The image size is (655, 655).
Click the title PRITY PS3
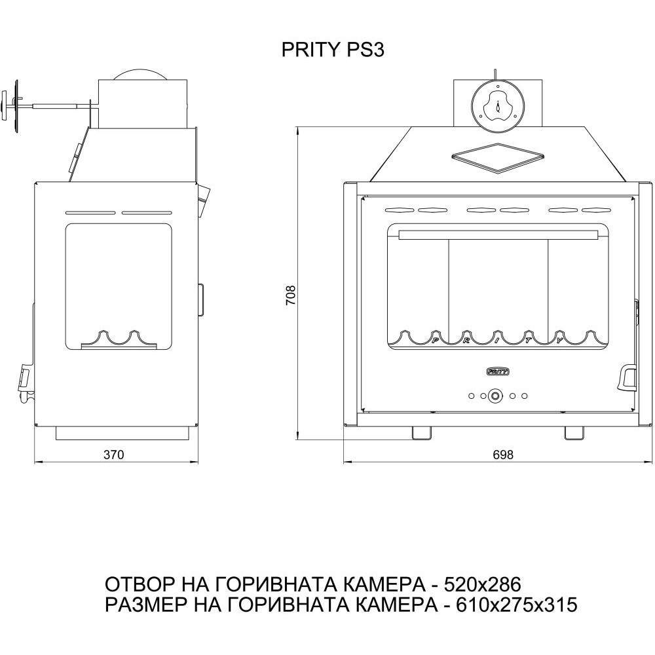333,50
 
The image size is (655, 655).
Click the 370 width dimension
113,455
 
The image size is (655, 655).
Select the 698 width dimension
502,455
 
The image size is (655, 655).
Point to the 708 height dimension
291,295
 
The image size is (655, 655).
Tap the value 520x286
482,584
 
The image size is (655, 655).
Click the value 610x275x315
517,605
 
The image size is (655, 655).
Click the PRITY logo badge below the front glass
498,371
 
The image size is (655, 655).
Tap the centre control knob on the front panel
496,396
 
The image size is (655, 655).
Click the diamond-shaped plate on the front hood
497,157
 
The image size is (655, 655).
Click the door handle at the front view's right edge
627,377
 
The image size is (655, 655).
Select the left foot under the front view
421,433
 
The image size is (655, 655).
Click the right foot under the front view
574,433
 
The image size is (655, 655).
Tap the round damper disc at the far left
17,106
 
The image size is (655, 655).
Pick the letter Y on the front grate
559,341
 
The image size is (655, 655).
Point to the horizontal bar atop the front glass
498,234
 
